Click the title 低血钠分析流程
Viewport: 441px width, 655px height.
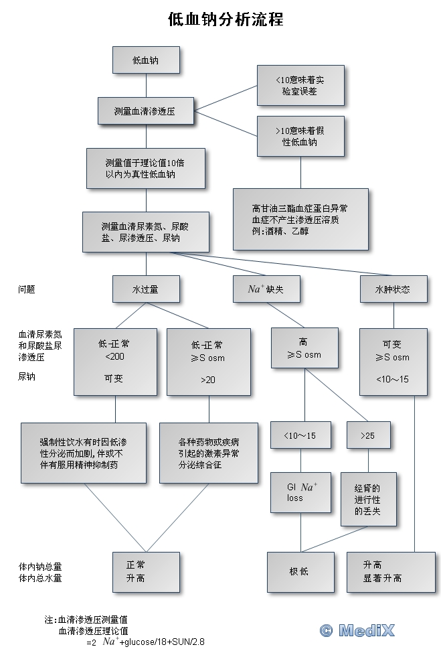pos(226,19)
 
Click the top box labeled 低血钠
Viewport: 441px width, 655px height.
pos(145,60)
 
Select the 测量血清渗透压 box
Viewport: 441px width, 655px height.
pos(145,111)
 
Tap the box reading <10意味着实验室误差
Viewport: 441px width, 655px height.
pos(300,85)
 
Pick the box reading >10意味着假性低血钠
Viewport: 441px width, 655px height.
pos(300,137)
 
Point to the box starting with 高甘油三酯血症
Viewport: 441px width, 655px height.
pos(300,218)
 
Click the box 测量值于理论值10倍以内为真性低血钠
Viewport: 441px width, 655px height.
pos(145,168)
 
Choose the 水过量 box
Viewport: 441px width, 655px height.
pos(145,289)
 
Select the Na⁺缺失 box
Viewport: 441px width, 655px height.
pos(265,289)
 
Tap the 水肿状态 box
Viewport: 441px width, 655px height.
pos(393,289)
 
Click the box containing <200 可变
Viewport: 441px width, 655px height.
pos(115,361)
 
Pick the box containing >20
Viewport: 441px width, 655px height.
pos(208,361)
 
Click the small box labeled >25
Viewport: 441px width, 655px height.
pos(367,435)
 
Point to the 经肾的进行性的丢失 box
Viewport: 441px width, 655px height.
pos(368,499)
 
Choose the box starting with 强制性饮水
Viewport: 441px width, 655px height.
pos(84,453)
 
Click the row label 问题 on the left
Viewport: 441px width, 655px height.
pos(27,289)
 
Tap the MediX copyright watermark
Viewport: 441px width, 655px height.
pos(357,630)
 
